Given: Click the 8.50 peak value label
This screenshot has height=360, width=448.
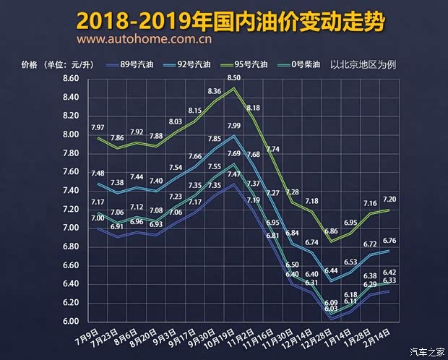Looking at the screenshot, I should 234,77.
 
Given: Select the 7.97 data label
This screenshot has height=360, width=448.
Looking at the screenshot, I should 98,128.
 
